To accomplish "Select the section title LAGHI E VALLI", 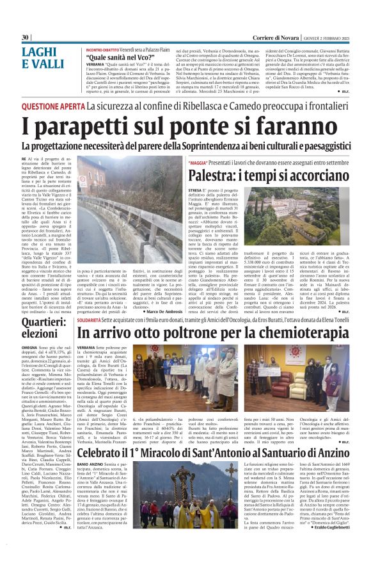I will pyautogui.click(x=42, y=58).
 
